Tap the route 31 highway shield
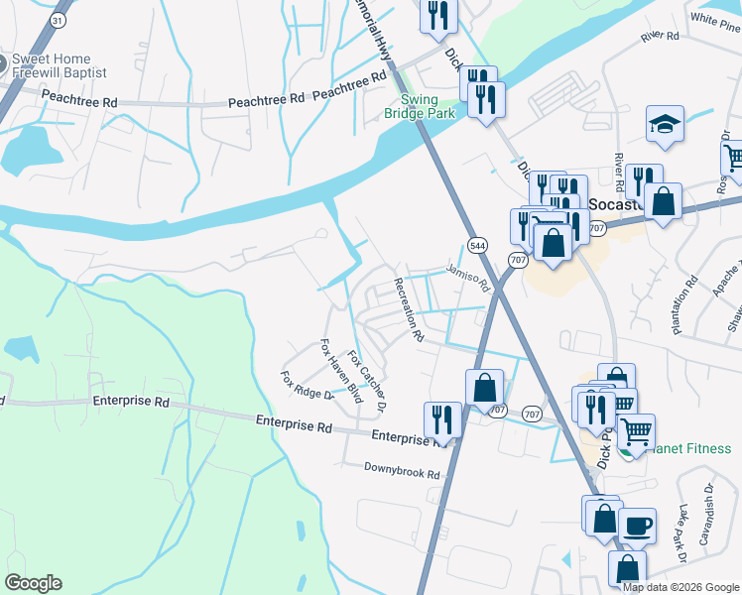pos(58,20)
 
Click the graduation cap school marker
pos(664,125)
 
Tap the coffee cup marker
pos(637,525)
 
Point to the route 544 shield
pos(478,245)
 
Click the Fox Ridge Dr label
pos(306,386)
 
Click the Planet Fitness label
pos(686,448)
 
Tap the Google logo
pos(33,583)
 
